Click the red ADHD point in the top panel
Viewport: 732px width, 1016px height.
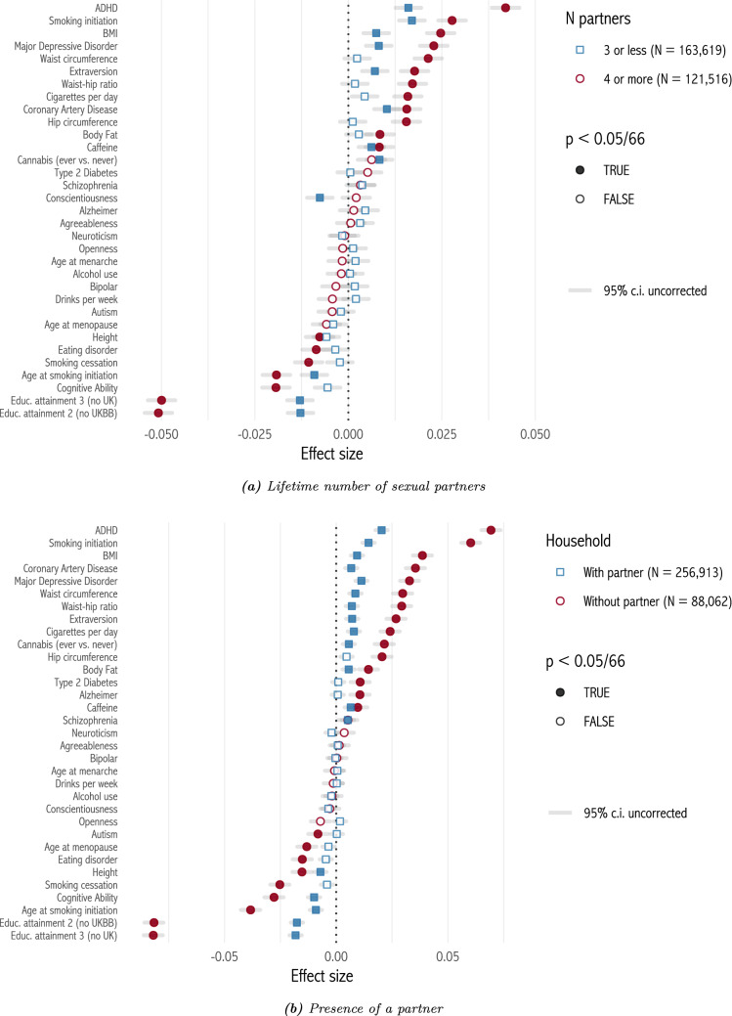click(x=505, y=8)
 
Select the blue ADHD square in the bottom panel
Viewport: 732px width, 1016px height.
click(x=382, y=530)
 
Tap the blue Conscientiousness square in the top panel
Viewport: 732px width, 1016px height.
click(x=320, y=198)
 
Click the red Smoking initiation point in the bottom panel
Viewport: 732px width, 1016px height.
click(x=471, y=543)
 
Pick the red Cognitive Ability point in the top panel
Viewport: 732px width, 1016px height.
click(x=276, y=387)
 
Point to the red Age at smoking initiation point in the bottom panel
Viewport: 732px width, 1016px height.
click(x=251, y=910)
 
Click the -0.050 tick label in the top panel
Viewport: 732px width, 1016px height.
click(x=161, y=434)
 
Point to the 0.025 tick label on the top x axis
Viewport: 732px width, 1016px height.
click(x=442, y=434)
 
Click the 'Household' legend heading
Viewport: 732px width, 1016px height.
click(x=579, y=540)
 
